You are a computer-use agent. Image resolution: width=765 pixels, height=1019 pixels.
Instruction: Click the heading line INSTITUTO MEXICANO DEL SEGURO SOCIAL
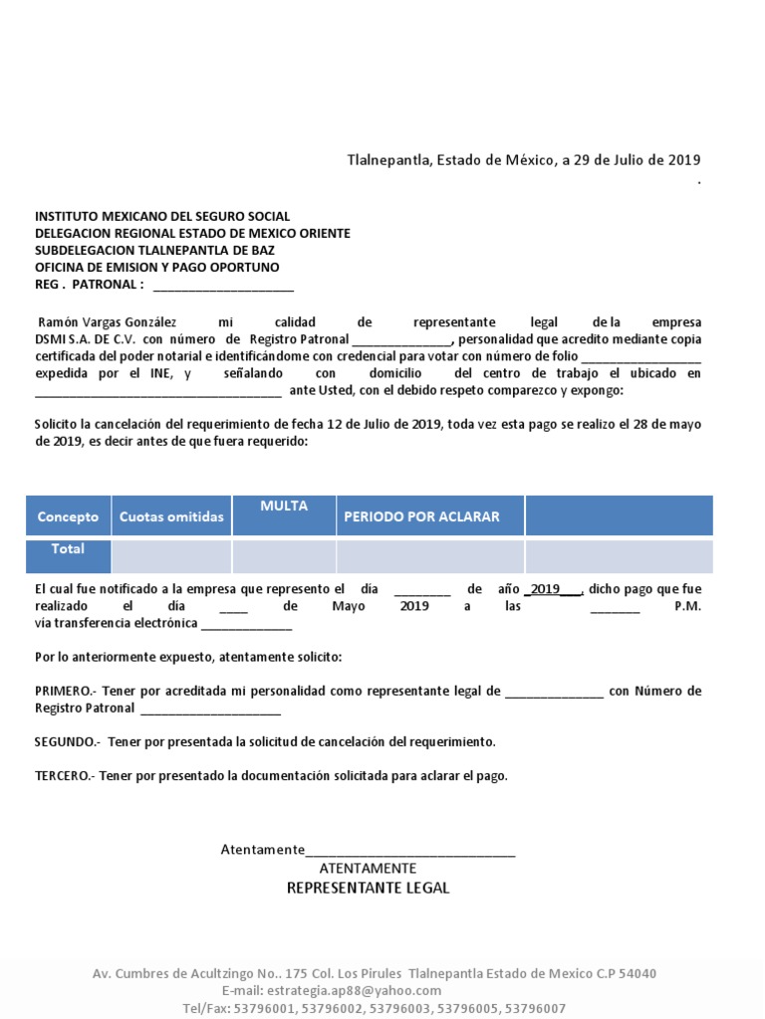[162, 216]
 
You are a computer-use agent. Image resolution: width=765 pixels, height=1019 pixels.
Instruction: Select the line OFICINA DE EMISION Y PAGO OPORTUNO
[157, 268]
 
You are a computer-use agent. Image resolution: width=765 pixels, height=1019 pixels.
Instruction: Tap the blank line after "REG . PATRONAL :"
[223, 286]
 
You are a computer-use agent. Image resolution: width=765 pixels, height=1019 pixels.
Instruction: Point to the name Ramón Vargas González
[107, 322]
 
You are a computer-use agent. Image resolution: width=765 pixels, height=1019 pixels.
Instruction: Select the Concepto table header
[68, 516]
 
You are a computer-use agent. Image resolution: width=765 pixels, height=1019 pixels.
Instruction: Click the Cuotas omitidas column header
[171, 516]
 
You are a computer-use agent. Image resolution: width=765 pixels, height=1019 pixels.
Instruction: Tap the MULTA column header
[284, 507]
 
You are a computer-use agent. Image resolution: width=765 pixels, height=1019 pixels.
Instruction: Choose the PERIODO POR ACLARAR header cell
[421, 516]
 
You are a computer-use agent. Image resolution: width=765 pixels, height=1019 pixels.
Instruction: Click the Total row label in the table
[68, 549]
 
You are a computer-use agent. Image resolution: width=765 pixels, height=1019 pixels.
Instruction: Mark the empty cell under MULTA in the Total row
[284, 556]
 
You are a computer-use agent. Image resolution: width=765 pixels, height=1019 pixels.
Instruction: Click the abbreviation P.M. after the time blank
[687, 606]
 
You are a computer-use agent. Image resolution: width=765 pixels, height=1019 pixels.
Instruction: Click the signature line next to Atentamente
[410, 851]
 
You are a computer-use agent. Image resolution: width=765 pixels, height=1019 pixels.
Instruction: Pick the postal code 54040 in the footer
[637, 973]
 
